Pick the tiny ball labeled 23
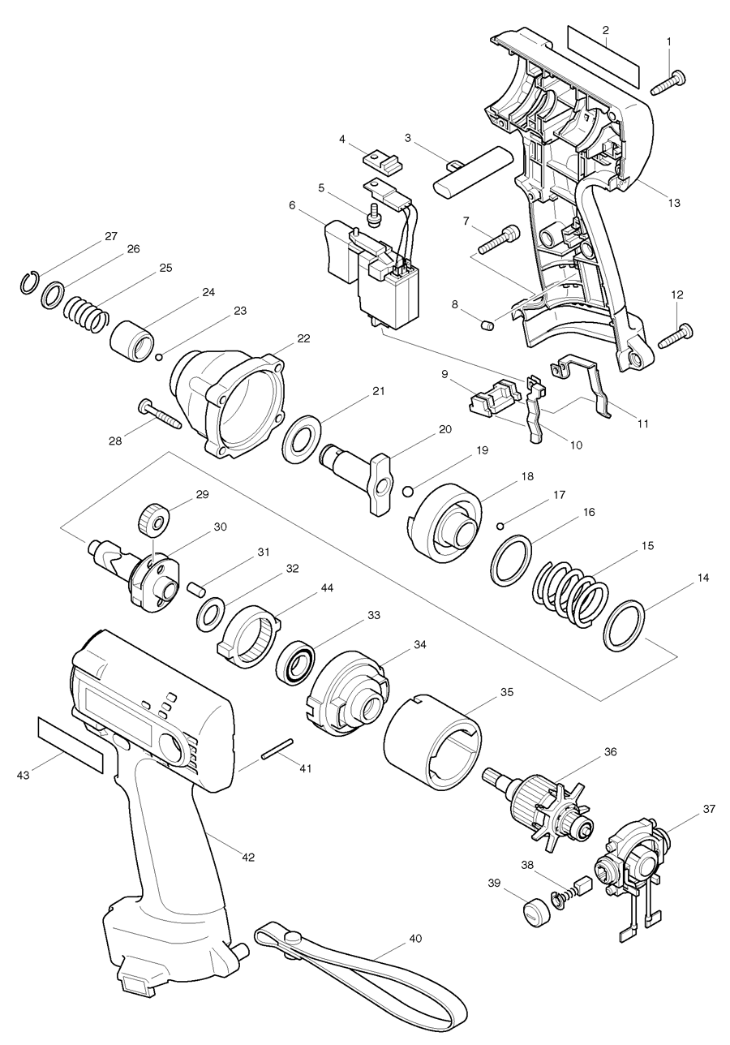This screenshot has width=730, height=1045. coord(161,355)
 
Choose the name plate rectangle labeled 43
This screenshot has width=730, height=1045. coord(71,745)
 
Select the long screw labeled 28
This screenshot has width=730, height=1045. coord(161,415)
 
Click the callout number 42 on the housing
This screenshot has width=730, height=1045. coord(249,857)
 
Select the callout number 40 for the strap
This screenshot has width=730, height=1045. coord(415,939)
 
